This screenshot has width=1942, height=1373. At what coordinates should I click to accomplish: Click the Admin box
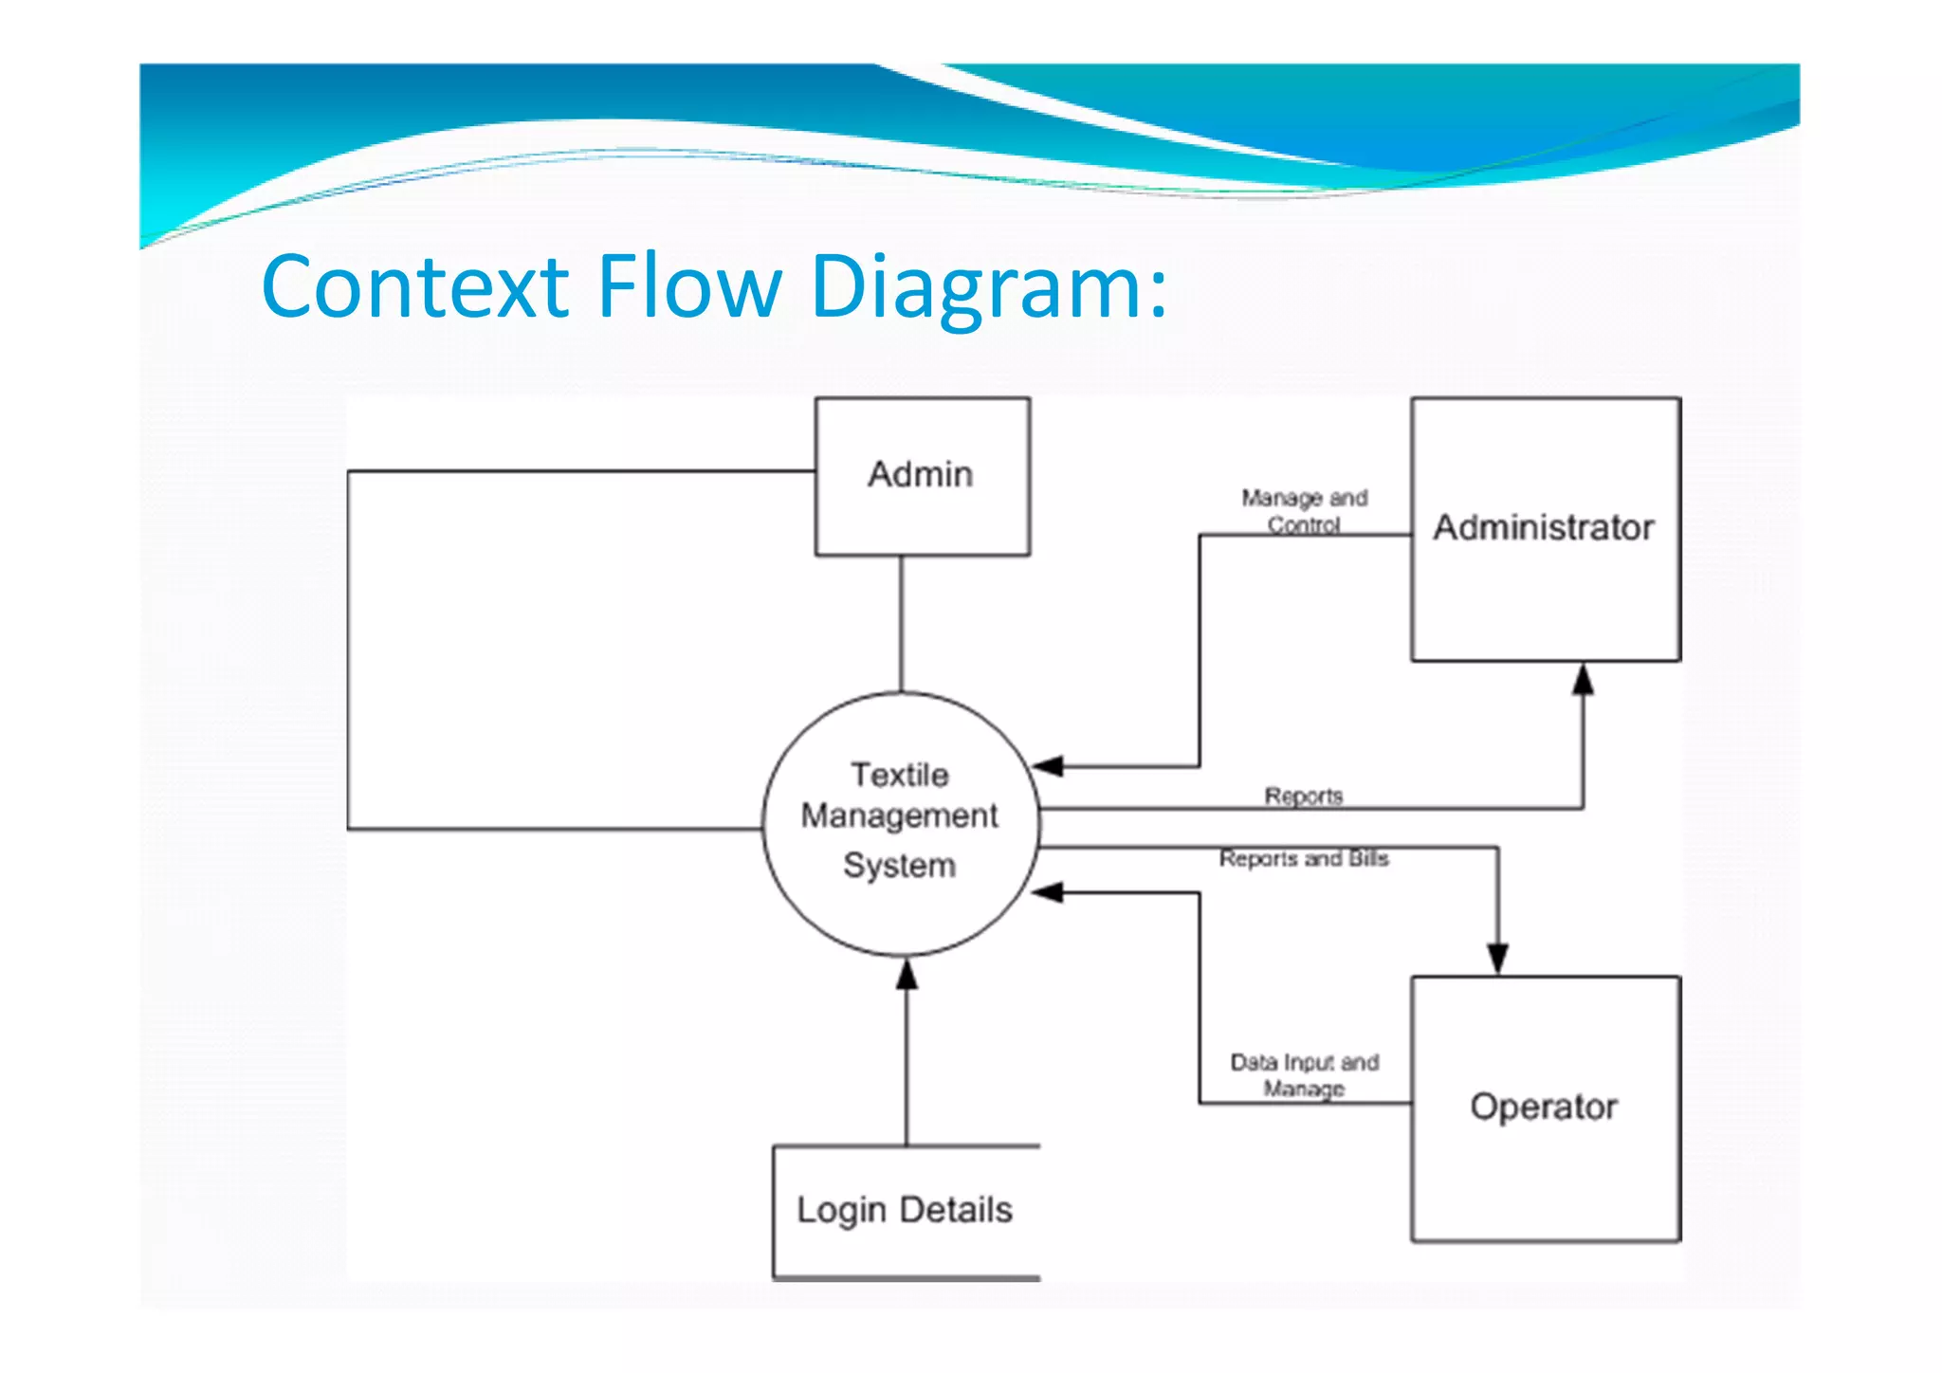tap(922, 476)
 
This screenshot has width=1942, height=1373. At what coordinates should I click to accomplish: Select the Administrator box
tap(1545, 528)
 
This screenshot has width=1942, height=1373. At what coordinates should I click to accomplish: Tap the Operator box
tap(1545, 1108)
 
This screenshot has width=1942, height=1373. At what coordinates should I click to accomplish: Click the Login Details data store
tap(905, 1211)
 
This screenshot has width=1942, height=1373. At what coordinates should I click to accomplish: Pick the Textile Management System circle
tap(900, 823)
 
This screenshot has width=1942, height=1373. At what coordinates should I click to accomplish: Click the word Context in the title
tap(413, 286)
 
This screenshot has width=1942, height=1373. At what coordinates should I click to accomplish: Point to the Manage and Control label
tap(1304, 511)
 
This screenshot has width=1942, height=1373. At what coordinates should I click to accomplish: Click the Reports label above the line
tap(1303, 796)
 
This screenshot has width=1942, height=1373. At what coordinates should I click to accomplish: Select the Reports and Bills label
tap(1303, 859)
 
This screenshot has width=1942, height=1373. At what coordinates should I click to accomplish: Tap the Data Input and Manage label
tap(1304, 1075)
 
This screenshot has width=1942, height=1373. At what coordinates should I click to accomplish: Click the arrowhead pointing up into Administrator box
tap(1583, 679)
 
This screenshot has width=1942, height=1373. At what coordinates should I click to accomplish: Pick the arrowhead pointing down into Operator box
tap(1497, 959)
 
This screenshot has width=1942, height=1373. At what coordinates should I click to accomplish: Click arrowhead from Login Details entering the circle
tap(907, 974)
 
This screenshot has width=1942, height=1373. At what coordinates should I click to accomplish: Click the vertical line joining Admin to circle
tap(901, 624)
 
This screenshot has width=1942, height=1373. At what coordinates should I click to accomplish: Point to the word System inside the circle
tap(899, 866)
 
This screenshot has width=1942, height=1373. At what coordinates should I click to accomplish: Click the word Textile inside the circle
tap(899, 775)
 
